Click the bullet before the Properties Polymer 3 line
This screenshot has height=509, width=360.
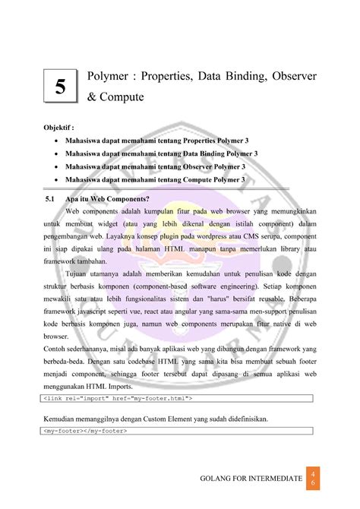click(x=57, y=141)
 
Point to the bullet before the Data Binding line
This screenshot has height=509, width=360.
click(x=57, y=153)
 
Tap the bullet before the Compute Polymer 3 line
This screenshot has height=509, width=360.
click(x=57, y=179)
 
